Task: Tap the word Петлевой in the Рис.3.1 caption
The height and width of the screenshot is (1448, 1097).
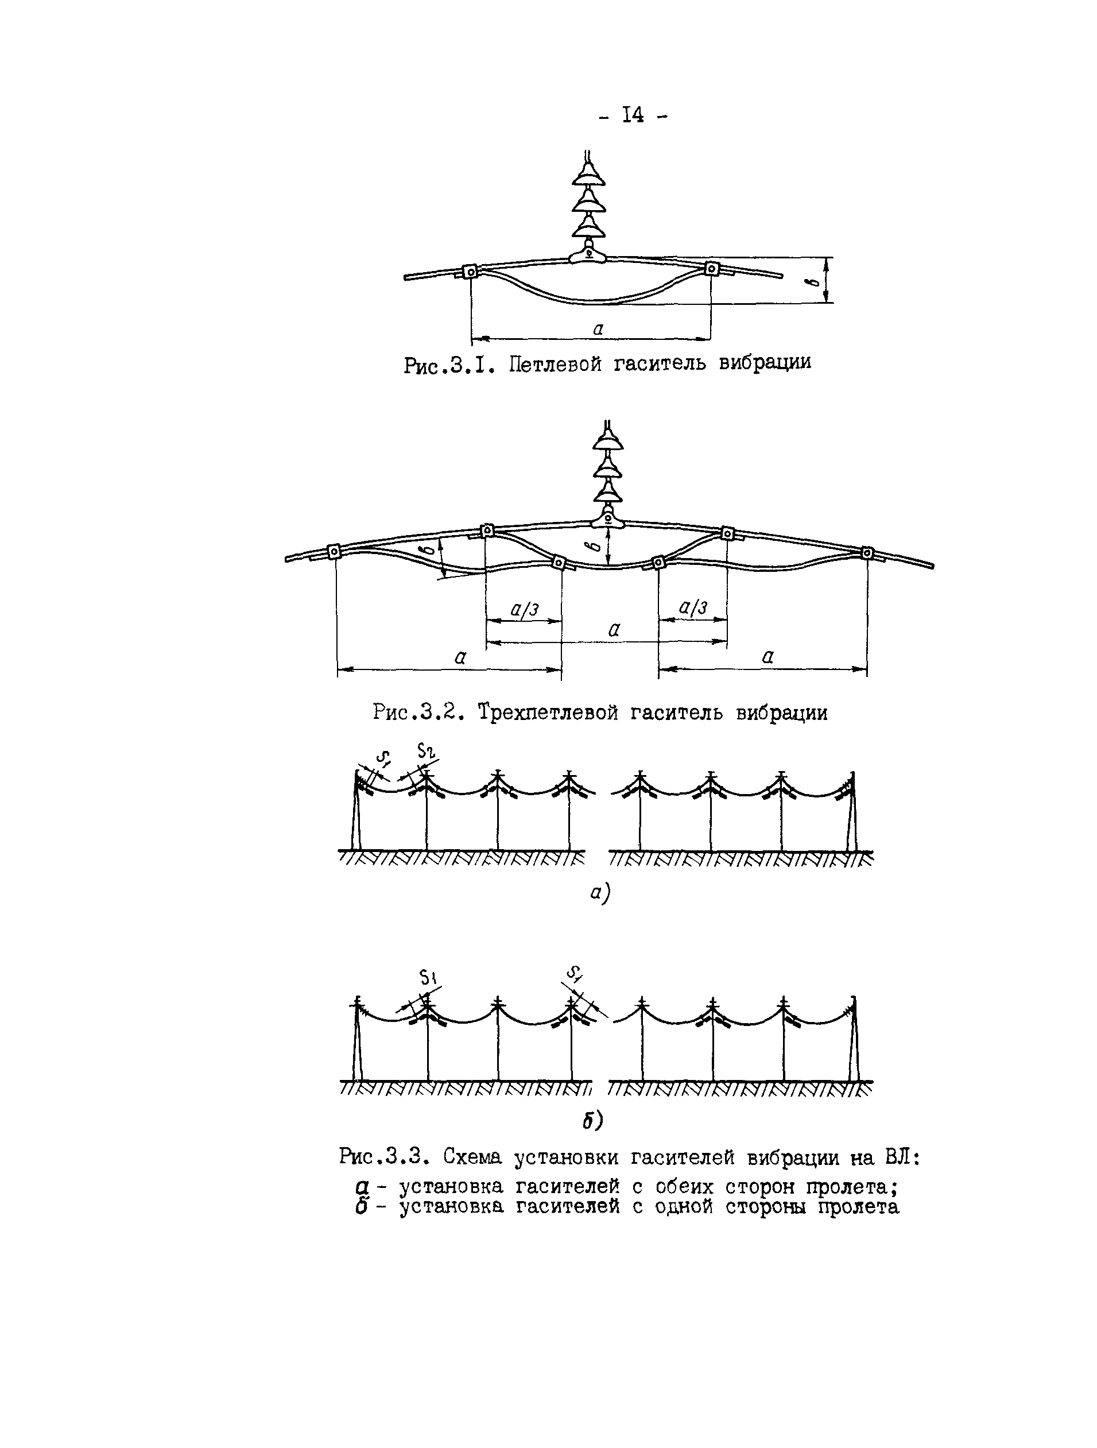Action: [555, 363]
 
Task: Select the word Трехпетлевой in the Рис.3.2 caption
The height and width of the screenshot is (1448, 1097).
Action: [547, 711]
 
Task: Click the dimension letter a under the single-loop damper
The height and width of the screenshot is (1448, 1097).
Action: [598, 328]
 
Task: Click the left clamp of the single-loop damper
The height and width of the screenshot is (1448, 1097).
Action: [470, 270]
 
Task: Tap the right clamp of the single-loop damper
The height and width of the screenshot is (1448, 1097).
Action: [711, 268]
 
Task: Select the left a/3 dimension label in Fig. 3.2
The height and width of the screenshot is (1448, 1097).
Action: [524, 609]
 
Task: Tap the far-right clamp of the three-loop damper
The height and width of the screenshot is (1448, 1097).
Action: [867, 552]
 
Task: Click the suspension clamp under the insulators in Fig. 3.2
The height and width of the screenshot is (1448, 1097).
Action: [608, 519]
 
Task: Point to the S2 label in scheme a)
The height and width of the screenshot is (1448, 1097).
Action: [427, 752]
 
